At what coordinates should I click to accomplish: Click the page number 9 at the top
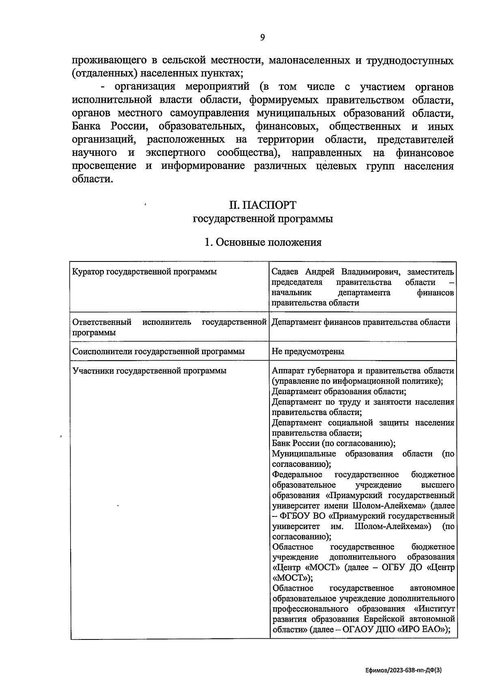pos(262,37)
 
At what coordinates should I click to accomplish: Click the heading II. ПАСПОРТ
pos(263,204)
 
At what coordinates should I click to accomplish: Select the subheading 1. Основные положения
pos(263,242)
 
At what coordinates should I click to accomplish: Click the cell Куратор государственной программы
pos(144,272)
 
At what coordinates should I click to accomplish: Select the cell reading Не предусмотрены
pos(308,351)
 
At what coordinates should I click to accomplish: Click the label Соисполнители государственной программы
pos(158,351)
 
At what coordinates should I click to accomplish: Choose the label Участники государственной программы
pos(149,371)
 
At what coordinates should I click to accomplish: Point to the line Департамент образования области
pos(339,391)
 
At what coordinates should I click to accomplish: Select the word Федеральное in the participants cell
pos(297,475)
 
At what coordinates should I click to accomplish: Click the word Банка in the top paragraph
pos(86,127)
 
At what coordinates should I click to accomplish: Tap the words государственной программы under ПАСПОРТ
pos(263,219)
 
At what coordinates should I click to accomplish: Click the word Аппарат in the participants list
pos(288,371)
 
